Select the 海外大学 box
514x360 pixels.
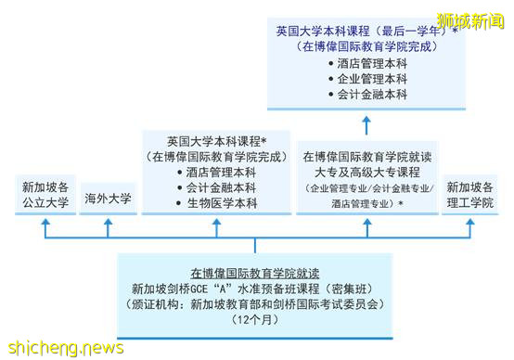coord(108,198)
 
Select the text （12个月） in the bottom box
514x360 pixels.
coord(254,319)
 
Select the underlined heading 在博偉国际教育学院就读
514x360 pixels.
coord(254,272)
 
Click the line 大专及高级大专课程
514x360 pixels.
coord(366,171)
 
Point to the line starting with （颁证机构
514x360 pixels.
coord(254,303)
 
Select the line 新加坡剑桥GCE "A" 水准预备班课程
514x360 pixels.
coord(254,288)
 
